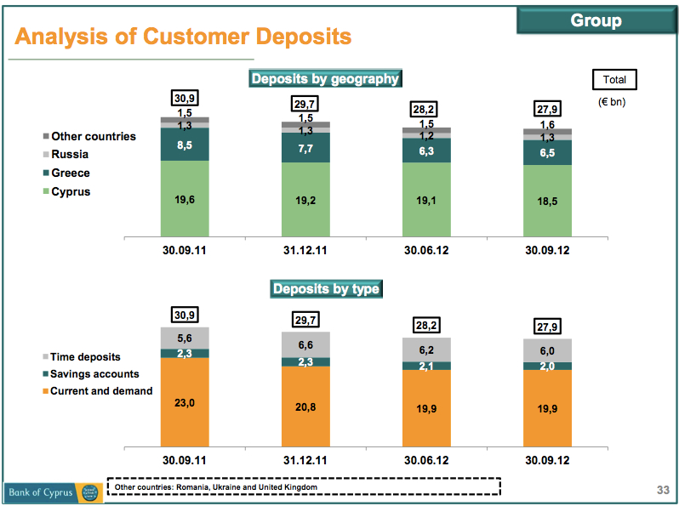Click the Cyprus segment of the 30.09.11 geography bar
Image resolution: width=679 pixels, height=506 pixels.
(x=185, y=197)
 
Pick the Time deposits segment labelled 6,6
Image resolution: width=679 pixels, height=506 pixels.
(x=305, y=344)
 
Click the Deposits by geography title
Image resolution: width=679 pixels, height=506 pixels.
(x=324, y=79)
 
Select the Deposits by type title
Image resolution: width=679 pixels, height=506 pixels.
(x=325, y=289)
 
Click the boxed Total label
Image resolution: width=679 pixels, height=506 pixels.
(x=613, y=80)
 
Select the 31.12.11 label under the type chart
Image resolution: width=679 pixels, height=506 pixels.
(x=305, y=461)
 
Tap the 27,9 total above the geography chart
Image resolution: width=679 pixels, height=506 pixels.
(x=547, y=109)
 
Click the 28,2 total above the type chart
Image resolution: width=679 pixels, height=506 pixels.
(x=426, y=325)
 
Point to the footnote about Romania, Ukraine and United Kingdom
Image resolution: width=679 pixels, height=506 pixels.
(x=216, y=487)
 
